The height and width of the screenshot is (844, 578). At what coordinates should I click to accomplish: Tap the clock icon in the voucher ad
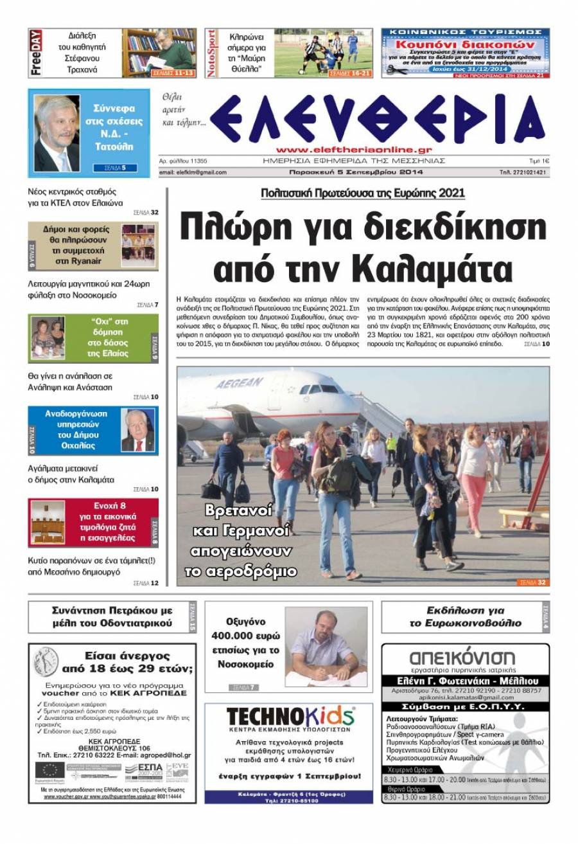click(46, 663)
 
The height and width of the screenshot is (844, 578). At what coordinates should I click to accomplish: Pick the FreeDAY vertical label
click(36, 53)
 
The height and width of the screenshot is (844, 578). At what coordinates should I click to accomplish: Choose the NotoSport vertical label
click(212, 53)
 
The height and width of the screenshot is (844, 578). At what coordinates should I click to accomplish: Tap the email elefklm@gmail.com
click(193, 172)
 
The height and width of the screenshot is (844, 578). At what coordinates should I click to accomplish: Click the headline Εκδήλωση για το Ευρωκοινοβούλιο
click(464, 616)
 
